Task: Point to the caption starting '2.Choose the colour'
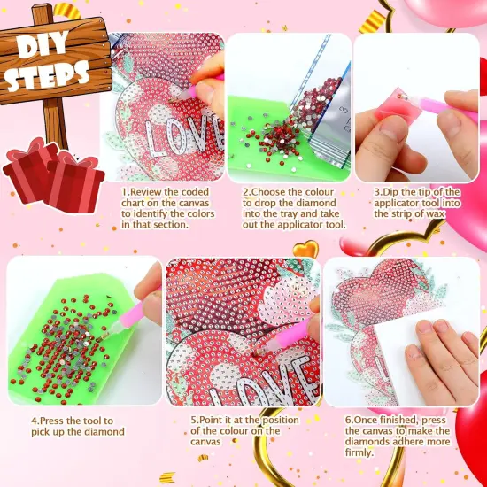click(x=292, y=207)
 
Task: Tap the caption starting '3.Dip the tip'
click(x=416, y=203)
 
